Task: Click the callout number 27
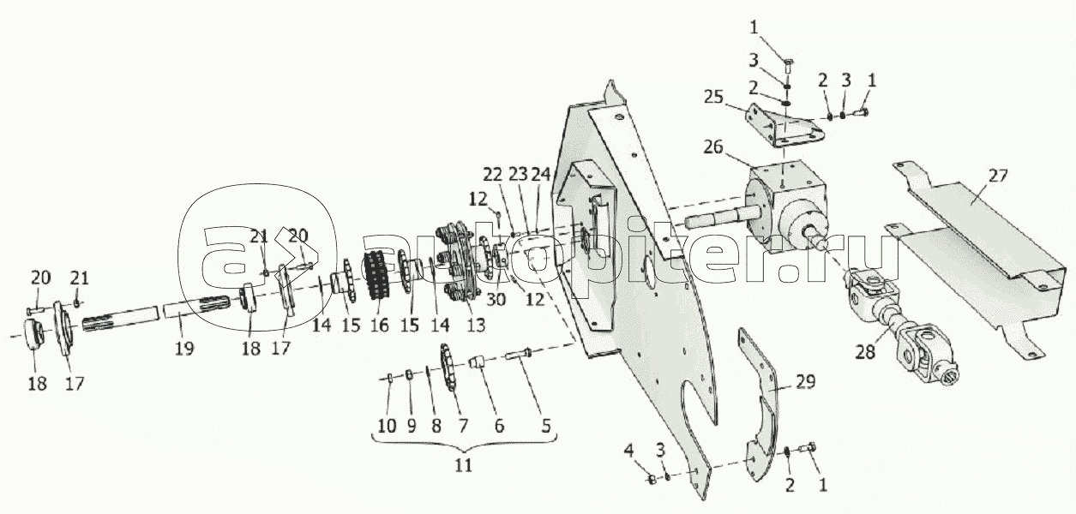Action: [997, 176]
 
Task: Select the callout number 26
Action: [713, 146]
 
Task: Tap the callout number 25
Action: [713, 97]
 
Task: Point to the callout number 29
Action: [806, 382]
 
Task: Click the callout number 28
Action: [865, 352]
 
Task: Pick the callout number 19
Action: [184, 349]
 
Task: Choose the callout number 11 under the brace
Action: [463, 465]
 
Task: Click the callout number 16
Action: [380, 326]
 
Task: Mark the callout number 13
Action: [476, 326]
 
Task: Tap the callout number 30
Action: [496, 300]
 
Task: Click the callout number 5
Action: [545, 426]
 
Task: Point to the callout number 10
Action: [388, 426]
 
